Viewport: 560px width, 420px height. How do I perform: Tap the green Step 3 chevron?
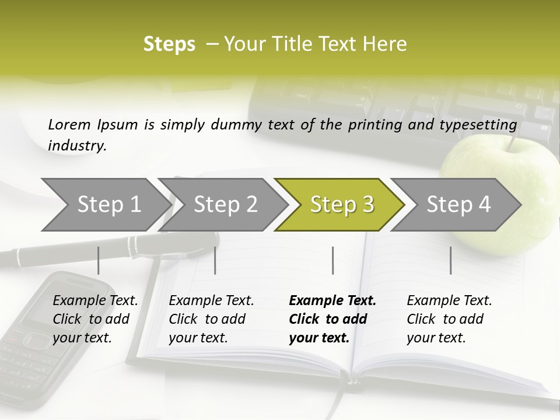342,205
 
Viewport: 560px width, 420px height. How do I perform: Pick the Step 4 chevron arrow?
459,205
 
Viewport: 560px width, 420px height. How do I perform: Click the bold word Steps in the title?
169,44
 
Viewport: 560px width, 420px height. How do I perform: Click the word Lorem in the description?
69,124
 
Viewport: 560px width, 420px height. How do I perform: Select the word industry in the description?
77,146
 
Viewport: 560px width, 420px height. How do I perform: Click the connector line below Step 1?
98,260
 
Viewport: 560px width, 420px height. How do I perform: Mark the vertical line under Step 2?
215,260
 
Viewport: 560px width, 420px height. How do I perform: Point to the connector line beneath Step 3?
333,260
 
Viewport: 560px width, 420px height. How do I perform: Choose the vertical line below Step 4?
450,260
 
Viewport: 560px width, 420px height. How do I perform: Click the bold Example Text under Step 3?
332,301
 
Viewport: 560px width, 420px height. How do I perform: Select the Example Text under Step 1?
95,301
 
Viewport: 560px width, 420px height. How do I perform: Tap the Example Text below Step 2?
211,301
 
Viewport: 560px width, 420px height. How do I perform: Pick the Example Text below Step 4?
449,301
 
